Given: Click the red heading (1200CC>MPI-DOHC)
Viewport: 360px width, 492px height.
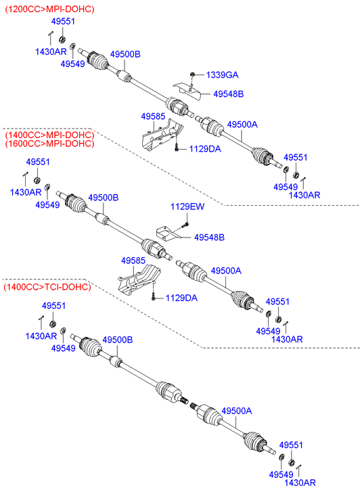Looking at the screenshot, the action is click(49, 9).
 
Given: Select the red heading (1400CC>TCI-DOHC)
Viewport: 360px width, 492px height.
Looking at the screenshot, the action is click(47, 287).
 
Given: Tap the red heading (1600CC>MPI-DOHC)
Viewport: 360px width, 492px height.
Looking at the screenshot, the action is click(49, 143).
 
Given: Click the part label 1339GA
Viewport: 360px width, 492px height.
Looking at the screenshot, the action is click(222, 75).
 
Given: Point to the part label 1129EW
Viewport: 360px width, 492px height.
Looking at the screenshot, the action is click(187, 206).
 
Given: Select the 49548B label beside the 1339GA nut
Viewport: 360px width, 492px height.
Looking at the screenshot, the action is click(229, 94).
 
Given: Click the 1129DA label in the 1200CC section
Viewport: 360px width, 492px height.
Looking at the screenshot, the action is click(205, 149).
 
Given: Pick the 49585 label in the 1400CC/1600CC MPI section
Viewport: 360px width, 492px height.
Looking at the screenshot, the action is click(133, 261).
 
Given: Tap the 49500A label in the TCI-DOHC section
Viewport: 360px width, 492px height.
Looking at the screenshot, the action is click(237, 411).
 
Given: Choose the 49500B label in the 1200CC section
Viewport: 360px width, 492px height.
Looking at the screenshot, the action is click(125, 54).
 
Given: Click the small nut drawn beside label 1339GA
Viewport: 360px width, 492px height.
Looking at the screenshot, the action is click(193, 74).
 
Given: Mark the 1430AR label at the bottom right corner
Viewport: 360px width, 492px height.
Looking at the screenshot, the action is click(300, 483).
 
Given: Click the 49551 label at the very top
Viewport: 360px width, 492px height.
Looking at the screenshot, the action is click(63, 22).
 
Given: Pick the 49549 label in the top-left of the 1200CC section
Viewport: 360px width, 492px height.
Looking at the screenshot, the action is click(73, 64).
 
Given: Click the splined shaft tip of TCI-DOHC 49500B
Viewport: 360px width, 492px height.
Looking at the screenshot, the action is click(184, 400).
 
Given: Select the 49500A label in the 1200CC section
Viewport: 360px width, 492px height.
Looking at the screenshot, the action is click(242, 125).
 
